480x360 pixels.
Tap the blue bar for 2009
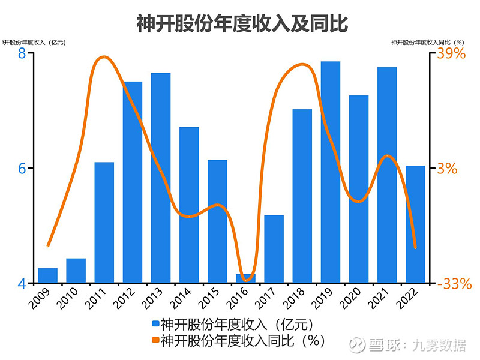click(47, 275)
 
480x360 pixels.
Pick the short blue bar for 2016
click(245, 278)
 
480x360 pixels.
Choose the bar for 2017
click(274, 248)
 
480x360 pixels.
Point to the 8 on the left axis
click(22, 53)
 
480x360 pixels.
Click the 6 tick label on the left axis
click(22, 169)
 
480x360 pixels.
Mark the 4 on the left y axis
click(22, 284)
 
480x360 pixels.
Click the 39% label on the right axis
click(451, 53)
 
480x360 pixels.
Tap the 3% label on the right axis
click(447, 169)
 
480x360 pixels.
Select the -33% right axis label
click(454, 284)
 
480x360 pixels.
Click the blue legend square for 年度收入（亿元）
click(156, 325)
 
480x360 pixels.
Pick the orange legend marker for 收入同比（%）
click(156, 340)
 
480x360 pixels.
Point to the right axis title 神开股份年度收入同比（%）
click(428, 43)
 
